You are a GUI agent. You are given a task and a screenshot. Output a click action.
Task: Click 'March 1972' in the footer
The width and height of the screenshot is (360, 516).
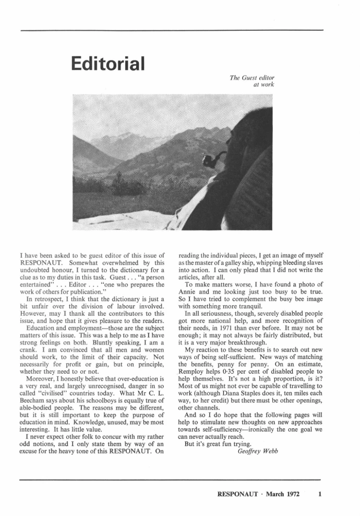click(x=284, y=494)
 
